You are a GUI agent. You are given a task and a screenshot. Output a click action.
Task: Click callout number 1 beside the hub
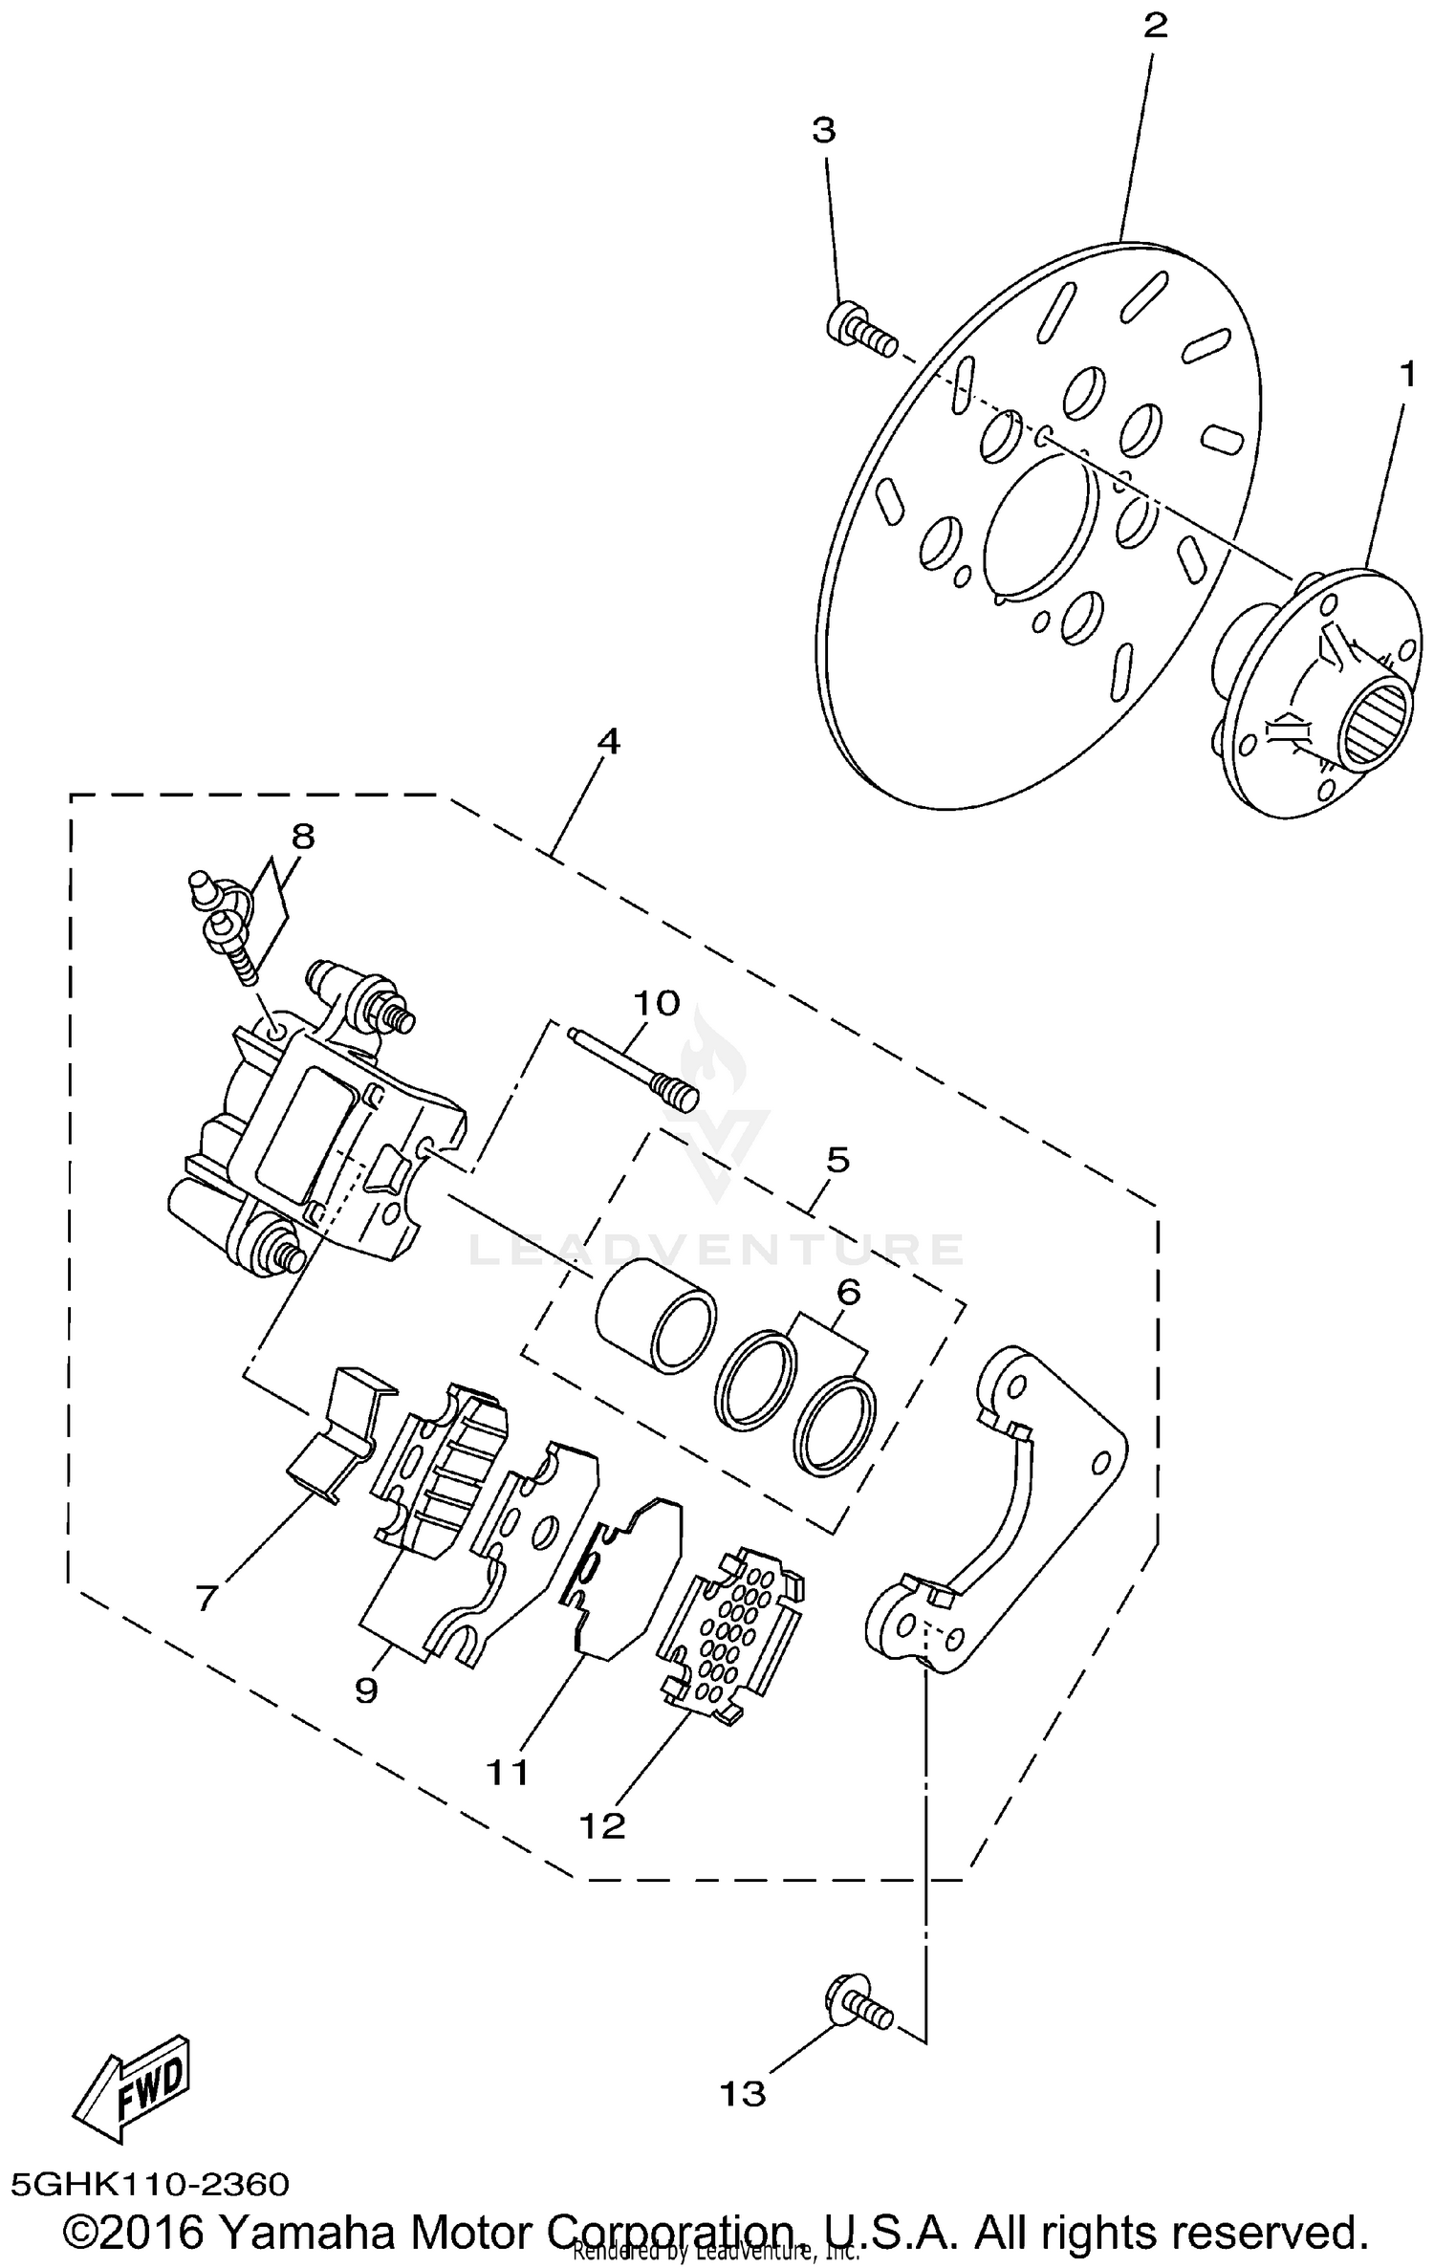point(1406,376)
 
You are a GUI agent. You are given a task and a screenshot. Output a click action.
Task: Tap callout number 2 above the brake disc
point(1155,26)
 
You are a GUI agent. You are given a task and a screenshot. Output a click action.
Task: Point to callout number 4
point(608,741)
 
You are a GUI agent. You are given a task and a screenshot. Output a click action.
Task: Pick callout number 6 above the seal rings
point(848,1292)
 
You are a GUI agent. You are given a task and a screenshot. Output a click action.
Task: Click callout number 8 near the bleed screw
point(302,837)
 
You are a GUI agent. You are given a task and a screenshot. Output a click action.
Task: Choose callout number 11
point(508,1772)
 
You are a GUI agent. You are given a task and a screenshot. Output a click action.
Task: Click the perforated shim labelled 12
point(730,1636)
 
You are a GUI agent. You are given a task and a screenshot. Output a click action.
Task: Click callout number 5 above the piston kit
point(836,1160)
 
